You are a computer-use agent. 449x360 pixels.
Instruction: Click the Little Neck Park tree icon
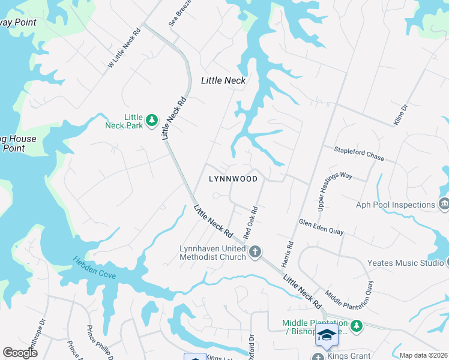152,121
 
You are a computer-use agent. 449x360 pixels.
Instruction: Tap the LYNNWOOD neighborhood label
233,179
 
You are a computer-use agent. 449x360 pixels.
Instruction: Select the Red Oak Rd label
250,222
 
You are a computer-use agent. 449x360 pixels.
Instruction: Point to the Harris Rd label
287,254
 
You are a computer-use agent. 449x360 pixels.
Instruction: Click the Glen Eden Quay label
321,227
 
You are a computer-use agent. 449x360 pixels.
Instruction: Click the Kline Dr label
400,115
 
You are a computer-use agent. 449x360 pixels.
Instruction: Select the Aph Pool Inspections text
396,205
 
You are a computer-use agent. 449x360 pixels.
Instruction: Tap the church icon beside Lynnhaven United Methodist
255,251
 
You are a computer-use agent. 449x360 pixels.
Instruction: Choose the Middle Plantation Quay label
349,299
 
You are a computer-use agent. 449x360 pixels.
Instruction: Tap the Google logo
20,353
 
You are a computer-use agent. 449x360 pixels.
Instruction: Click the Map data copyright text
423,355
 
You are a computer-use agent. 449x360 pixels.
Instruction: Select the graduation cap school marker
327,335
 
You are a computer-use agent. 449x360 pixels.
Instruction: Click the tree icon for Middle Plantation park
357,326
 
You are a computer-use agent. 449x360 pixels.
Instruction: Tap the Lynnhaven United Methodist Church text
213,253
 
